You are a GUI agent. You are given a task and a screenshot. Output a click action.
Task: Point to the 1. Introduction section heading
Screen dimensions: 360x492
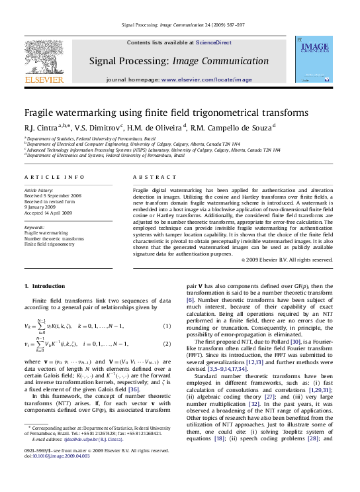46,286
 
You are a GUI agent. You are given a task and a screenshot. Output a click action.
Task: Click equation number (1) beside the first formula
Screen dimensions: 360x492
167,326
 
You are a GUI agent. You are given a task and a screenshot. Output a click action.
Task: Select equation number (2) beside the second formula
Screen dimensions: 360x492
167,344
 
